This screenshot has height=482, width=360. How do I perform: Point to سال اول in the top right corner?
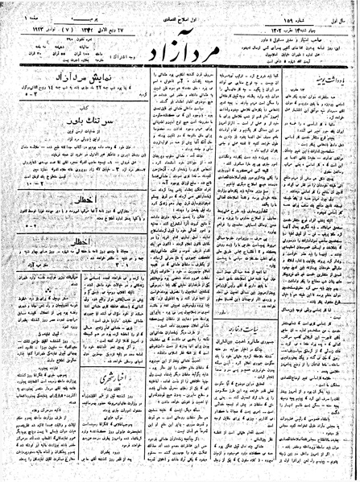[339, 7]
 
